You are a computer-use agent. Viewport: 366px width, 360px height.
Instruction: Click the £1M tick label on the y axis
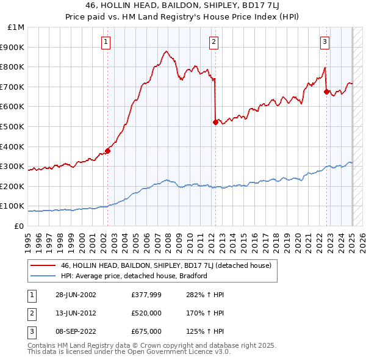[16, 27]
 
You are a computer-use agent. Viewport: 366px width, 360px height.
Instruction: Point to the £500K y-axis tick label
[13, 126]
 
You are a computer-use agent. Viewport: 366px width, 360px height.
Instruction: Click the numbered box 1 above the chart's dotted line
[106, 41]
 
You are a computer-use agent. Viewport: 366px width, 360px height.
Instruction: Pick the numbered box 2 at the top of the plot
[214, 41]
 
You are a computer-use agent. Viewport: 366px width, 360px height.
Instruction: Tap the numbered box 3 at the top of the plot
[325, 41]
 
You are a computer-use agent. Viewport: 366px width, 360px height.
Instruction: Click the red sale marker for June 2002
[107, 150]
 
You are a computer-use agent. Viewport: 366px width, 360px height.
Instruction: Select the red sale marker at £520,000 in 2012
[215, 122]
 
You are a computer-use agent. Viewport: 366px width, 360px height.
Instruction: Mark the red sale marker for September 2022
[326, 92]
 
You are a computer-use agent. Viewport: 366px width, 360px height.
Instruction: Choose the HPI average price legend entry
[134, 276]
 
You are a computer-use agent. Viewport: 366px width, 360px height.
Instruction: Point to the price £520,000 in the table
[146, 313]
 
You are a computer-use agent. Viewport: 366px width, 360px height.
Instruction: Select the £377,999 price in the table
[146, 295]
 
